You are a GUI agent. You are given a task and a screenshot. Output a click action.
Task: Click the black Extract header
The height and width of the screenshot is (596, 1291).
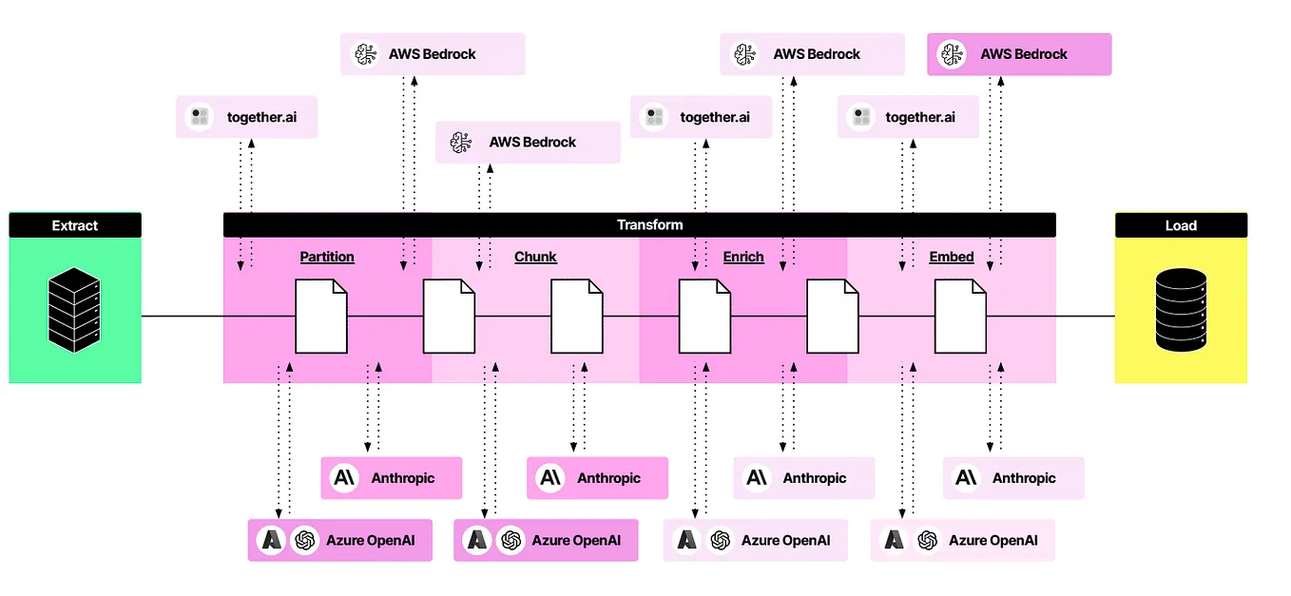[x=75, y=225]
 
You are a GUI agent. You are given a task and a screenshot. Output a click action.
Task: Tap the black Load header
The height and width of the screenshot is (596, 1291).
[x=1181, y=225]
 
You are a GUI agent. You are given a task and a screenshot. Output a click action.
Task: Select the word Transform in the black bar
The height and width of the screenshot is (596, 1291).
[x=649, y=224]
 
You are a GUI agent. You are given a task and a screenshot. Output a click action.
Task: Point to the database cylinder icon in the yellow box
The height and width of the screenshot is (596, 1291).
[x=1181, y=310]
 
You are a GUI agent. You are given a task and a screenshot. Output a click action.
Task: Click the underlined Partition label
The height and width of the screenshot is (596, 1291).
[x=327, y=257]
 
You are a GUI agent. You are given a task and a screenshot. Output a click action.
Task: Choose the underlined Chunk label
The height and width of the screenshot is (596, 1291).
[x=535, y=257]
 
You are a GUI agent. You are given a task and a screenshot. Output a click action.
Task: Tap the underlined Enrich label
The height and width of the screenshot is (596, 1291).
[x=743, y=257]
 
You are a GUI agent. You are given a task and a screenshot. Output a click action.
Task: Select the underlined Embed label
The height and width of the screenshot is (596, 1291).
[x=952, y=257]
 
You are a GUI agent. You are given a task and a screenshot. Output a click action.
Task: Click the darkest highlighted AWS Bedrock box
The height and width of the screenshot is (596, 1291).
[x=1019, y=54]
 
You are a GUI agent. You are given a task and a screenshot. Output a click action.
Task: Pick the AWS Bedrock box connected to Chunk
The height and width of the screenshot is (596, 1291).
[x=528, y=142]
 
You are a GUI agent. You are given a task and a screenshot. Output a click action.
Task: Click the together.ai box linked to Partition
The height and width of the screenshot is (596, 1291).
[x=246, y=117]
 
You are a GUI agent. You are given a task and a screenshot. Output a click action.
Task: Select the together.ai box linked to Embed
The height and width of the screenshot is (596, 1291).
[x=908, y=117]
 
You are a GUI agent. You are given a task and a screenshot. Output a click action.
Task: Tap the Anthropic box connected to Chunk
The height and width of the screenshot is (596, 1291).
[x=597, y=477]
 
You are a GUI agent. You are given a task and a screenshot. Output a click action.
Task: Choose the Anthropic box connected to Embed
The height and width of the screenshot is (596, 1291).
[x=1013, y=477]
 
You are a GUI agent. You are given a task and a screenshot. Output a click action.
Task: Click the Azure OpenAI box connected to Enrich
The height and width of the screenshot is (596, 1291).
[x=755, y=540]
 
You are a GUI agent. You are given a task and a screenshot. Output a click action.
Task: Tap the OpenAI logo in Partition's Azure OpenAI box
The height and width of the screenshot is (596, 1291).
[x=305, y=540]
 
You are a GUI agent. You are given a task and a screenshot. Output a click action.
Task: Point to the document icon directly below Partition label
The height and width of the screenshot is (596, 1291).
[x=320, y=316]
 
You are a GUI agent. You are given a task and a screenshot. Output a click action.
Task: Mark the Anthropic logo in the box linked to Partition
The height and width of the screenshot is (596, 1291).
[x=344, y=477]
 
